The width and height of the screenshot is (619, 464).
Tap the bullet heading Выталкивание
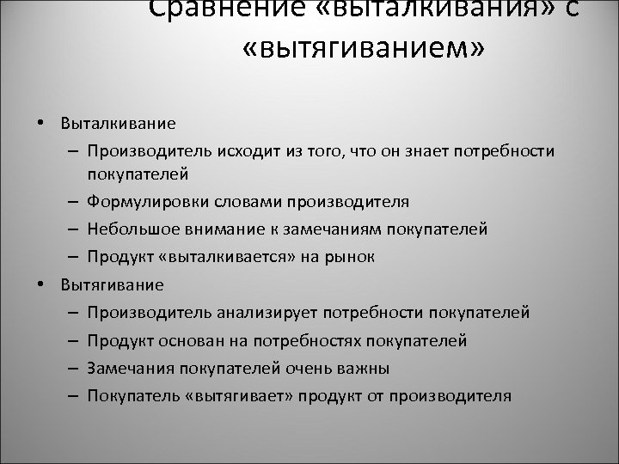118,122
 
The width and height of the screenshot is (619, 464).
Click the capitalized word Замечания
127,369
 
